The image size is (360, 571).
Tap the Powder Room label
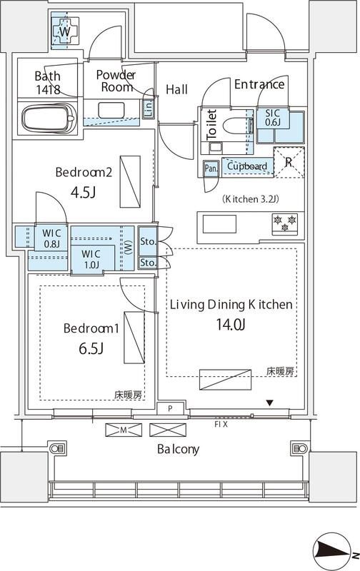116,81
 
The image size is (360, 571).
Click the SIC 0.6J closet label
273,117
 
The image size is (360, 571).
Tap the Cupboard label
247,166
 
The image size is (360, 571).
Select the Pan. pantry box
211,168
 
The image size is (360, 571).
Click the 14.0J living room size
230,325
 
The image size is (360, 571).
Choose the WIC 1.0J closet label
91,258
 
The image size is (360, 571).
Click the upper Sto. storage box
148,241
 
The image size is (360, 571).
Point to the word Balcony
179,450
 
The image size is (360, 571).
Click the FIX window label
221,424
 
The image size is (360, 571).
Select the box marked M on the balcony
124,430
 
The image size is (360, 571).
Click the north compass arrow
332,550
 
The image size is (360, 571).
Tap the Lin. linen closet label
148,108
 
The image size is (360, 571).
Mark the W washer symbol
64,32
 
